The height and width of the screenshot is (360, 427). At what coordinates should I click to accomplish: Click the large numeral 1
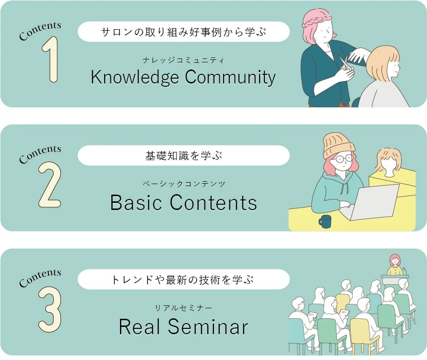tap(51, 60)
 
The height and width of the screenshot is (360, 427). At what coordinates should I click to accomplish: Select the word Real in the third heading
tap(140, 327)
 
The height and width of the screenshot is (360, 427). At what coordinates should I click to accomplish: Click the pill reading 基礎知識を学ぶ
tap(183, 156)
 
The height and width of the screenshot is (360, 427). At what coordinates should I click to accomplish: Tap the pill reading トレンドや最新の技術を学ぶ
tap(183, 279)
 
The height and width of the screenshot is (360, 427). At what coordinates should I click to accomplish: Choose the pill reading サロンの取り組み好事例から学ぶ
tap(183, 32)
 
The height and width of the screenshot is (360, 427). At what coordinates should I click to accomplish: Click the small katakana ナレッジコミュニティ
tap(183, 60)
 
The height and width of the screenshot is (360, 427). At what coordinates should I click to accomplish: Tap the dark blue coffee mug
tap(325, 221)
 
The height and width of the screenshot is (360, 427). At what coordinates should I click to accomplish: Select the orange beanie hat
tap(338, 145)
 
